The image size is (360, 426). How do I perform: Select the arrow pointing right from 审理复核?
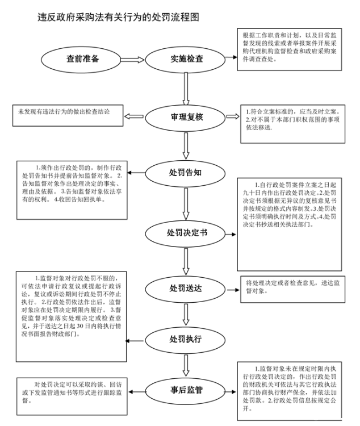(x=233, y=118)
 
